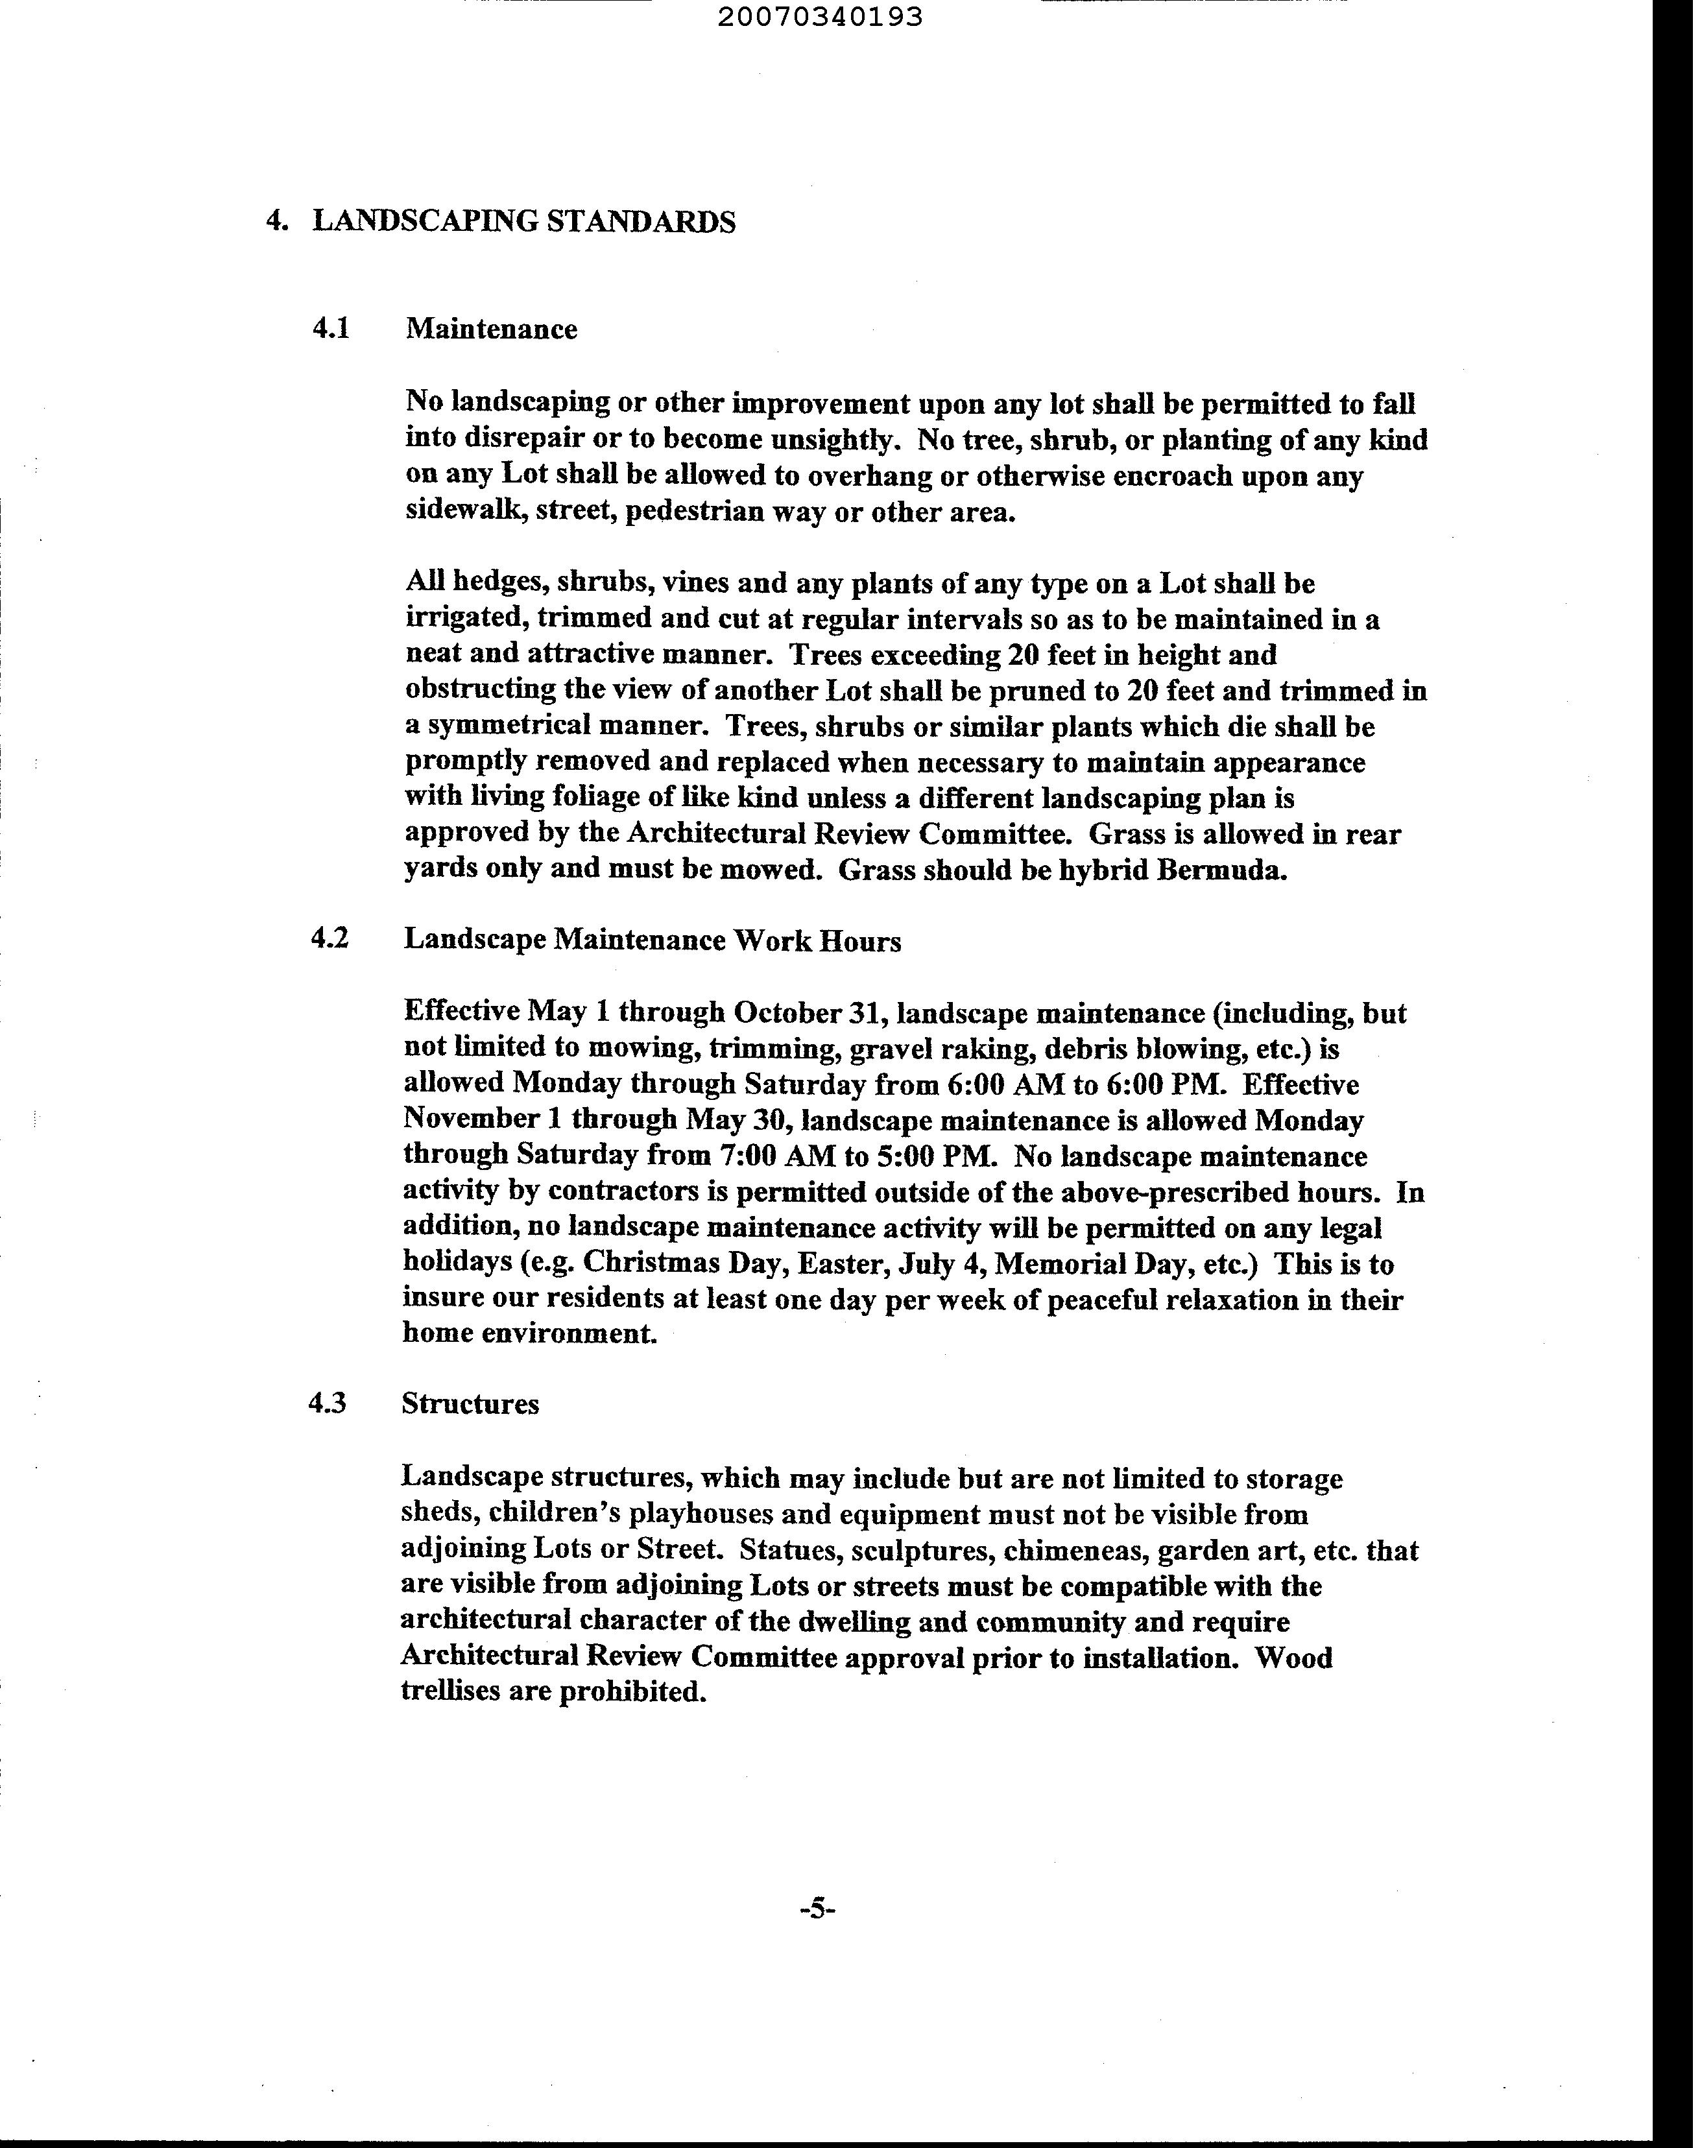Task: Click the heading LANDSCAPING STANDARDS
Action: click(524, 221)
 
